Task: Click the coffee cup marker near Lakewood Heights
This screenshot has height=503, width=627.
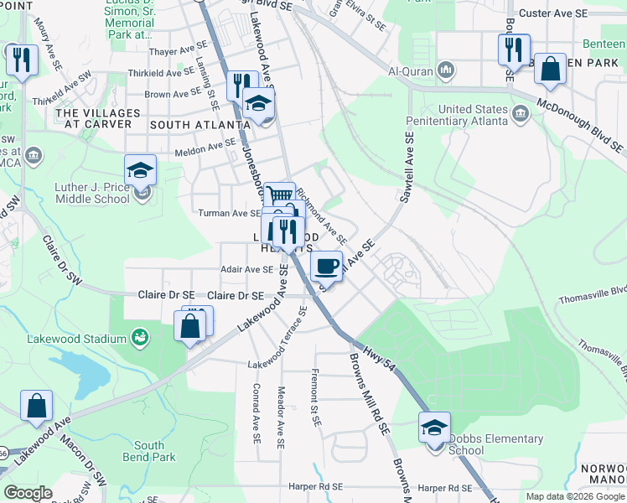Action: click(326, 266)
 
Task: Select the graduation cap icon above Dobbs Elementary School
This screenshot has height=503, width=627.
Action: click(434, 428)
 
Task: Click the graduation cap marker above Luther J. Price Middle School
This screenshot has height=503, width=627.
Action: click(141, 170)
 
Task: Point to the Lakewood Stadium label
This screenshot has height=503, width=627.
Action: click(82, 339)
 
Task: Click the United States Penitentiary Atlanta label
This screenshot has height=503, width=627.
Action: click(474, 116)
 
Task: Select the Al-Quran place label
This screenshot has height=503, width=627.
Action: click(412, 69)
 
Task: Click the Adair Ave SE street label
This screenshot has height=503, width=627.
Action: click(246, 269)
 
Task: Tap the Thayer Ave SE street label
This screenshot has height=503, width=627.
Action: click(174, 51)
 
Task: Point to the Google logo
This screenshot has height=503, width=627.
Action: click(28, 493)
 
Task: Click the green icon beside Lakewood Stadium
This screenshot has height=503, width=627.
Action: click(140, 339)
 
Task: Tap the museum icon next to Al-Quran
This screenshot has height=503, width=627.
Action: click(447, 69)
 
